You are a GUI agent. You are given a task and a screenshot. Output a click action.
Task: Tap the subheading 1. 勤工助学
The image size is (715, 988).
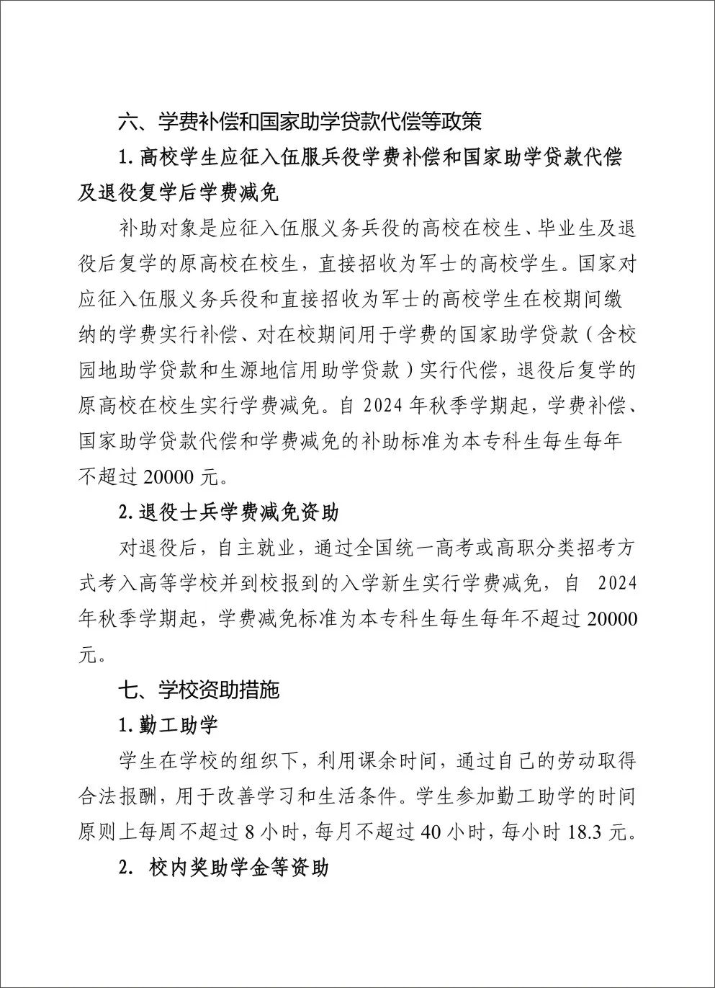coord(168,725)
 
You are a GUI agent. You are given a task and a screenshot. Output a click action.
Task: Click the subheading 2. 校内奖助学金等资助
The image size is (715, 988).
coord(224,867)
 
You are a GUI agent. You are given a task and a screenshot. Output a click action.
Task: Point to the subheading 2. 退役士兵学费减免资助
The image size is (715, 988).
coord(228,512)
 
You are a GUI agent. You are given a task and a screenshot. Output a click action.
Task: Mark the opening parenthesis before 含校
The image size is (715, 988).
coord(588,335)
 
